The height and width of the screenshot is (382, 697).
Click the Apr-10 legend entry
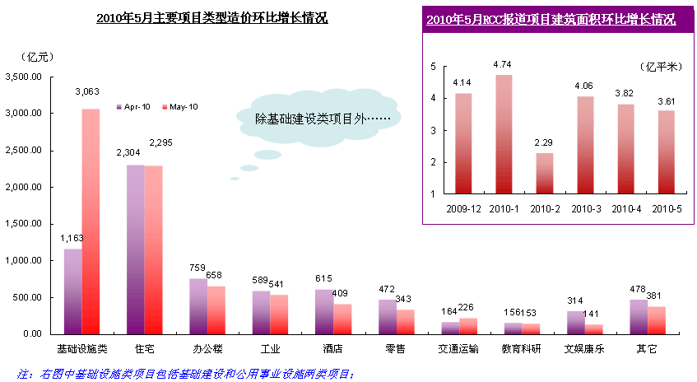click(x=134, y=107)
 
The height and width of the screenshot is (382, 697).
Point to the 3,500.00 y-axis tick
click(x=25, y=77)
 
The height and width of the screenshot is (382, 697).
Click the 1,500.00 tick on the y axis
click(x=25, y=224)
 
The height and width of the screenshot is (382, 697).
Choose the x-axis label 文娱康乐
click(x=586, y=349)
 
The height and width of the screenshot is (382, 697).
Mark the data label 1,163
click(x=72, y=238)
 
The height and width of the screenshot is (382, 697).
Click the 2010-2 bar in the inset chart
click(x=545, y=173)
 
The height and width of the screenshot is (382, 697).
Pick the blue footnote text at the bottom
click(x=185, y=373)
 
